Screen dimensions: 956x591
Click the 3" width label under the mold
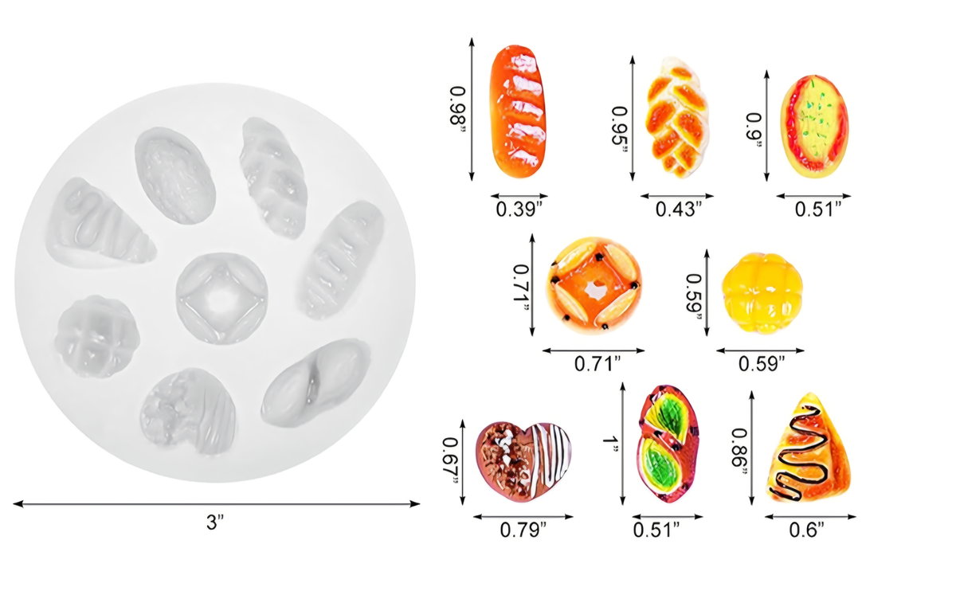(x=214, y=522)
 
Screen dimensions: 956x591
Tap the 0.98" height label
(x=458, y=110)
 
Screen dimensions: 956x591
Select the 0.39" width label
(x=519, y=209)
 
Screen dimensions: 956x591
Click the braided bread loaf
(x=677, y=117)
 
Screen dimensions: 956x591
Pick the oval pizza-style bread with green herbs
(x=814, y=127)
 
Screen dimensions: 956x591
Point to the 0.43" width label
(x=679, y=209)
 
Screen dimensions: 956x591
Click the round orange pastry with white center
(x=594, y=285)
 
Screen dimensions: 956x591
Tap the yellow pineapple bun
(x=762, y=293)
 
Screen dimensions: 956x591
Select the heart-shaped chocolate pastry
(x=523, y=461)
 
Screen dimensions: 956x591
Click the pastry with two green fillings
(x=668, y=444)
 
